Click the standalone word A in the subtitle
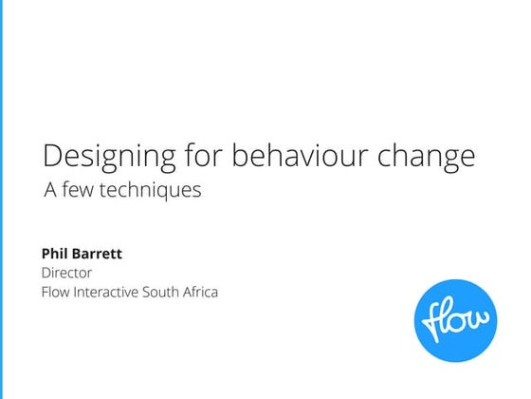49,189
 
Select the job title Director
66,273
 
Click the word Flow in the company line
58,292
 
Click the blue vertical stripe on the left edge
2,199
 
